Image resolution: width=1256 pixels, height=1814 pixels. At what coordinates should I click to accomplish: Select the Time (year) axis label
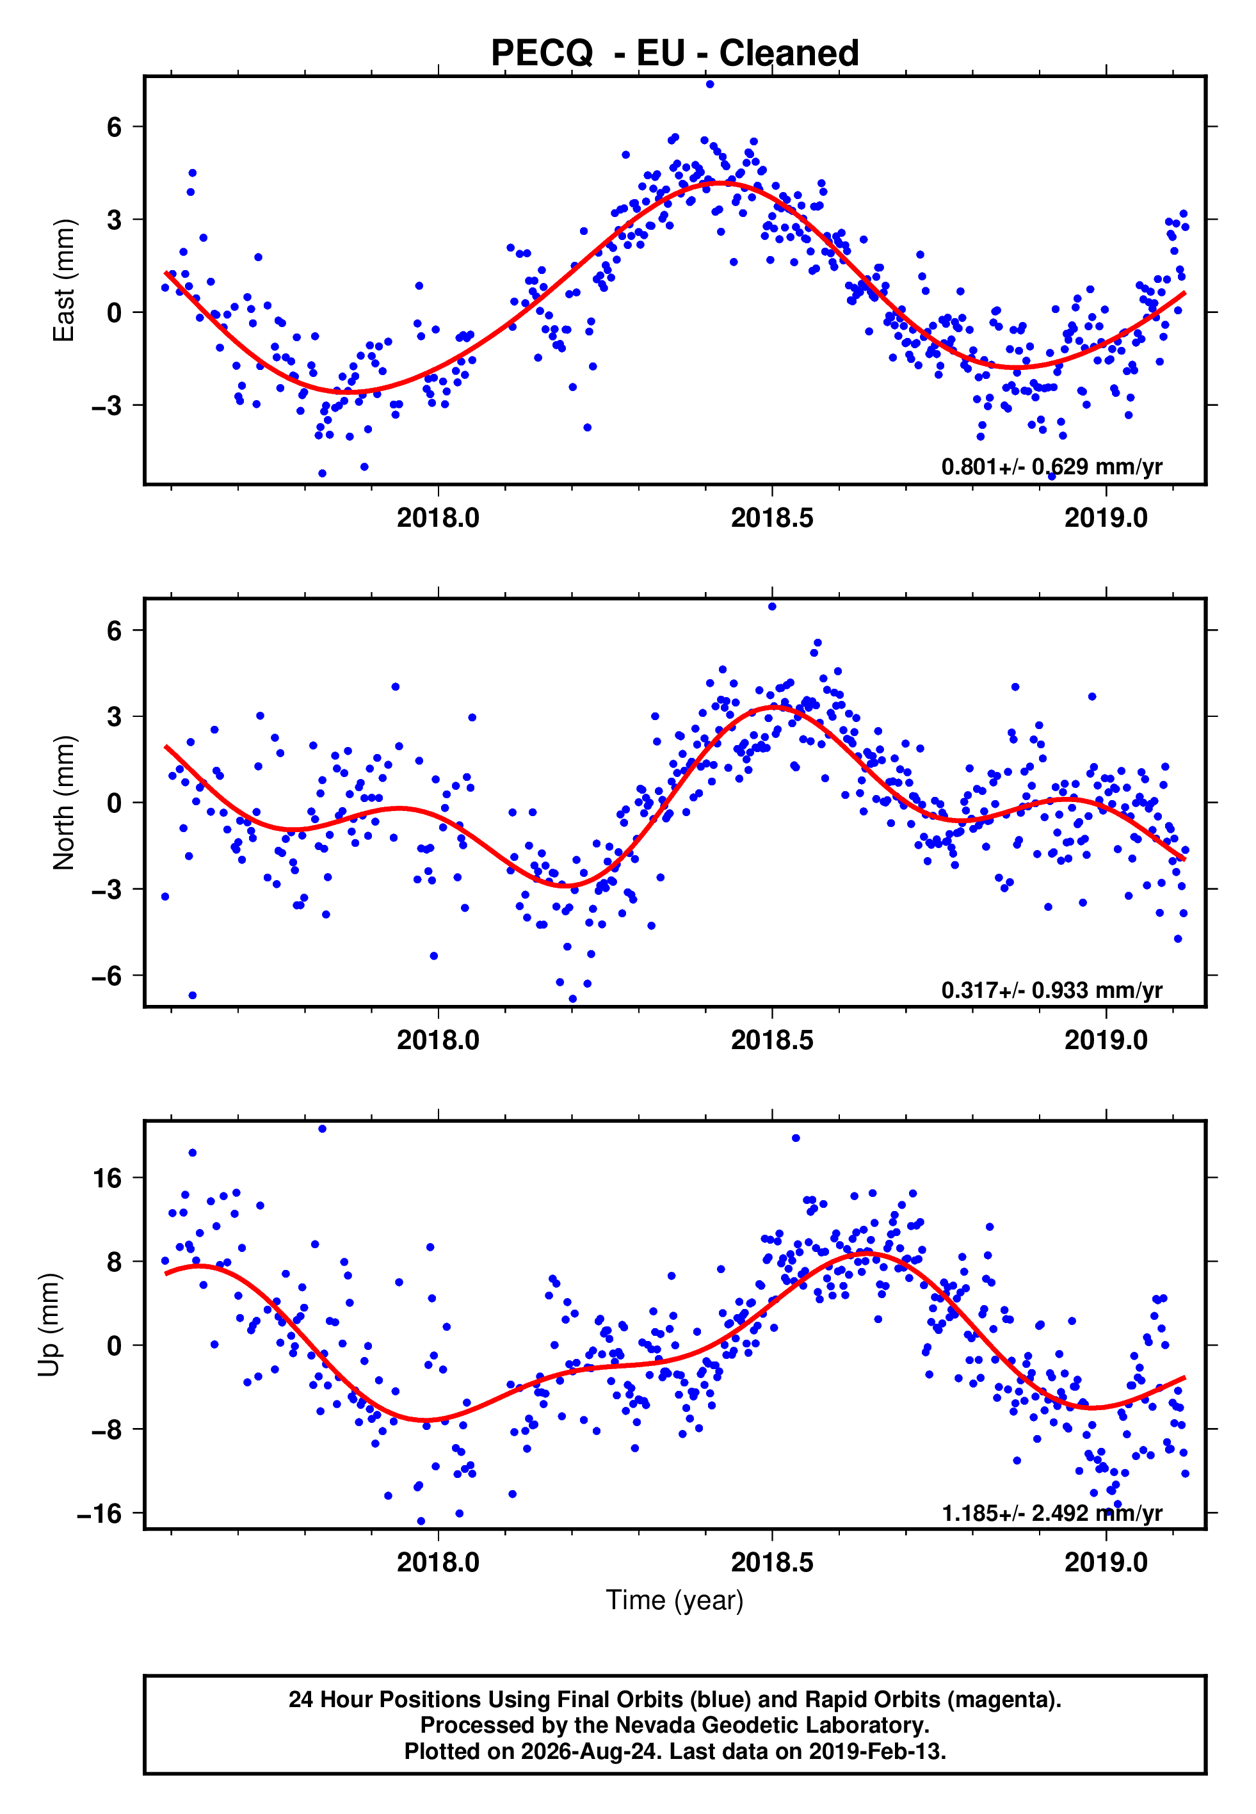675,1600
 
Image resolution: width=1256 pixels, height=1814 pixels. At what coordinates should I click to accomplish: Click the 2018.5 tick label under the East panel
772,518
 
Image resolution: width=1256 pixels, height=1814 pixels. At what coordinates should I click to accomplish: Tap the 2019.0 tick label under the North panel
1106,1040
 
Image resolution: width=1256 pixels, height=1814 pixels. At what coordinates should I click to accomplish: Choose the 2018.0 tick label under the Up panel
438,1562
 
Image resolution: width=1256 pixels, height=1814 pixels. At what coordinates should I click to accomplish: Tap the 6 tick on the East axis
115,127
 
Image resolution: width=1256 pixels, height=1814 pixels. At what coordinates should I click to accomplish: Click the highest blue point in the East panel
710,84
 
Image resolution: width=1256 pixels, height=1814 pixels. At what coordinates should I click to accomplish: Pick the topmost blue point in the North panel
772,607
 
